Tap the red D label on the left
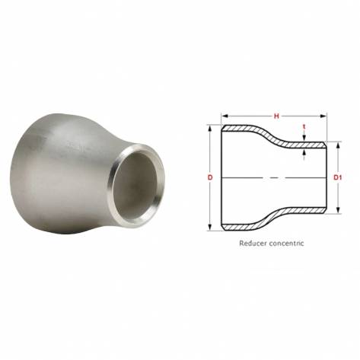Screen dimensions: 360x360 [209, 177]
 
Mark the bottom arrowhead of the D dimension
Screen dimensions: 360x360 [209, 226]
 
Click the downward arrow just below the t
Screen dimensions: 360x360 [304, 138]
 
